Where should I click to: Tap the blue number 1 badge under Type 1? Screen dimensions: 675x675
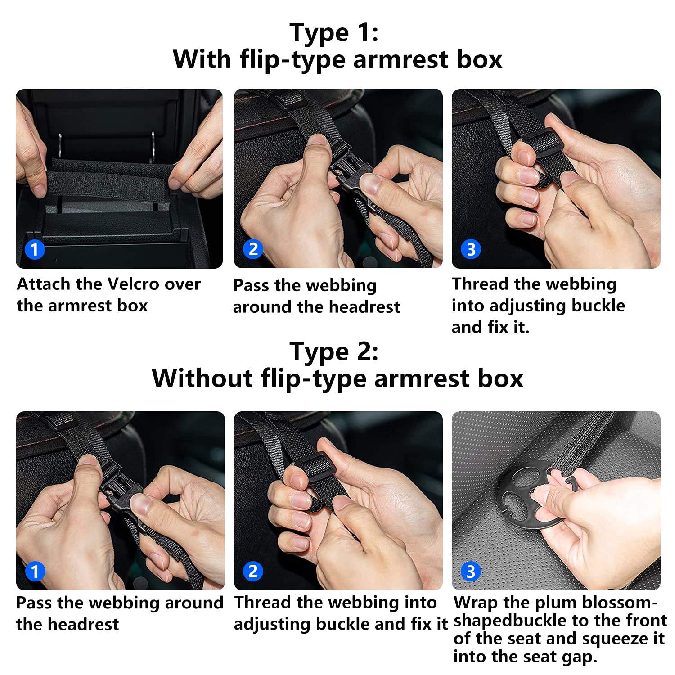35,249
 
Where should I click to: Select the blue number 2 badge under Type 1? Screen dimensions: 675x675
253,249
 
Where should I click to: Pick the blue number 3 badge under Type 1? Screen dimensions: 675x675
471,249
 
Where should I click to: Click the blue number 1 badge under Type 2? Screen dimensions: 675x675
35,571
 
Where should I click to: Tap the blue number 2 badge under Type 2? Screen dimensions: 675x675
253,571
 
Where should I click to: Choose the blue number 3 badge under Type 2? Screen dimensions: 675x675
471,571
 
